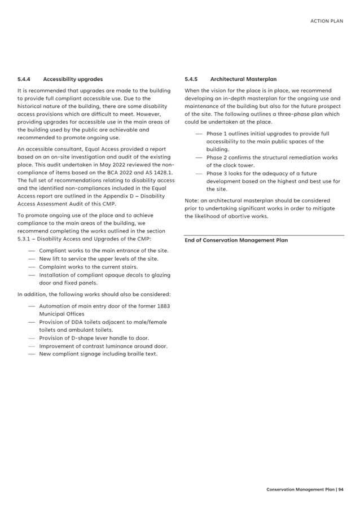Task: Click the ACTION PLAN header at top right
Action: coord(327,21)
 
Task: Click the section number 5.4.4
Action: coord(24,80)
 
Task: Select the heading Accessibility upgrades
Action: coord(73,80)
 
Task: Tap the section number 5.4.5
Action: coord(191,80)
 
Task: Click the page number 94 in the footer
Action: coord(341,489)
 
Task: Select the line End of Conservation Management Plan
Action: coord(236,240)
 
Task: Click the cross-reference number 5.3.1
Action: coord(25,239)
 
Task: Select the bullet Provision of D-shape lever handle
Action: coord(94,338)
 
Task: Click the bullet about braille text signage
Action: coord(98,354)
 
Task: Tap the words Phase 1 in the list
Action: coord(216,134)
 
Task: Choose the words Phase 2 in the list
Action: coord(216,157)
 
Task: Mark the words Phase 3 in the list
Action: coord(216,173)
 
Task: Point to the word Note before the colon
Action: coord(191,200)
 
